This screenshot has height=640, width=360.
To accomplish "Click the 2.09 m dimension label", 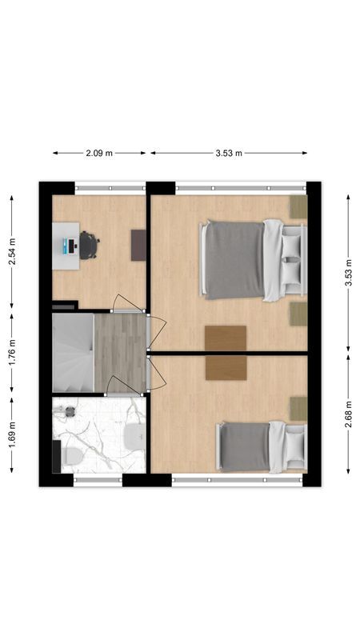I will [x=100, y=153].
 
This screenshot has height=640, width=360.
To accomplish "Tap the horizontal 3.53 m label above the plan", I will [x=228, y=153].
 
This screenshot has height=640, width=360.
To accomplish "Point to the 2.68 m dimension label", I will [x=349, y=414].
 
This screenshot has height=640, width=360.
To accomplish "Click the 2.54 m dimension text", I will [x=11, y=250].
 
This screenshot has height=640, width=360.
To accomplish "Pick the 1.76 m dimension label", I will [x=11, y=352].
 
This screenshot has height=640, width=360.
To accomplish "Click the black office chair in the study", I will [x=88, y=245].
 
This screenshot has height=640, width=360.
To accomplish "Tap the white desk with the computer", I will [x=66, y=244].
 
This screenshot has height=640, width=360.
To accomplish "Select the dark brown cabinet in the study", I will [x=138, y=245].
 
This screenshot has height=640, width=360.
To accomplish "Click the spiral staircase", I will [x=73, y=353].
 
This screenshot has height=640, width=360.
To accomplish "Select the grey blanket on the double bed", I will [x=234, y=260].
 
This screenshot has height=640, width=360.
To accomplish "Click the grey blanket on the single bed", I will [x=245, y=447].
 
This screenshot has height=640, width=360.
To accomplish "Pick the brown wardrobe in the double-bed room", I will [x=226, y=338].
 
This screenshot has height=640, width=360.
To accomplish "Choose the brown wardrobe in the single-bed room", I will [x=226, y=368].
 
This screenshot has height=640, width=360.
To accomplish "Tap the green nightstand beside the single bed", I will [x=298, y=408].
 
